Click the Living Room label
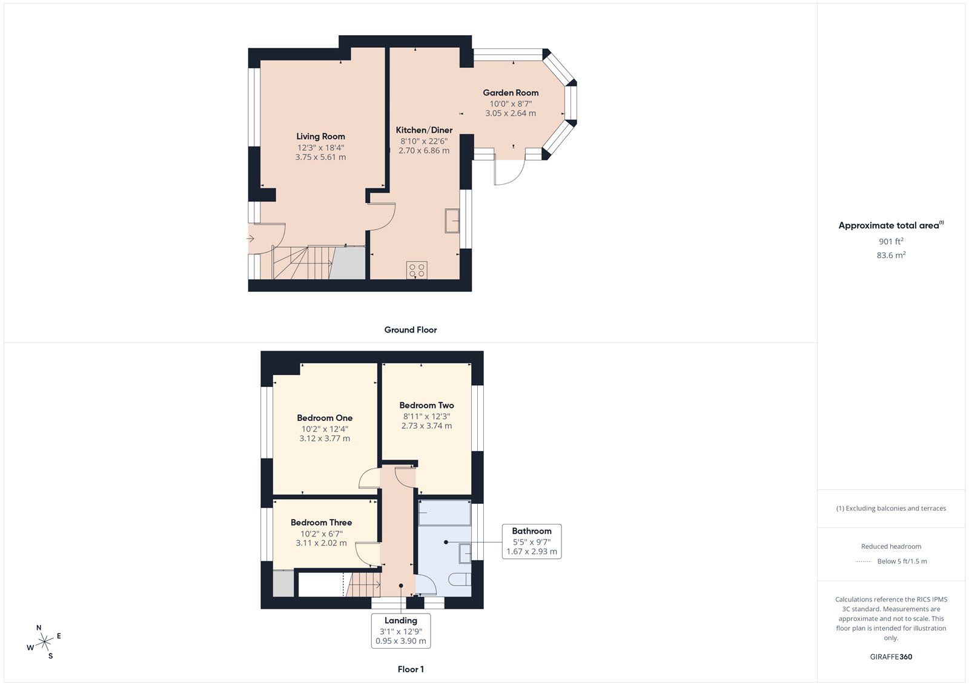pos(320,136)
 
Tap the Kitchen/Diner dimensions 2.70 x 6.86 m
pos(424,151)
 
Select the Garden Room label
pos(511,93)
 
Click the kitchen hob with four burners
pos(417,270)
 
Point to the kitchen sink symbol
pos(452,220)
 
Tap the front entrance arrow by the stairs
pos(251,239)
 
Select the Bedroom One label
pos(325,418)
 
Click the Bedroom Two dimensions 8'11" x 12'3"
pos(426,416)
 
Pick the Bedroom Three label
pos(321,522)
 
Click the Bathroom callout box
pos(531,541)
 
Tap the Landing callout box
pos(401,630)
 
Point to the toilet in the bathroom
pos(461,579)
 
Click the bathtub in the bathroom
pos(445,513)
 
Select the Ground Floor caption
pos(410,330)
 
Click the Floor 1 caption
pos(411,669)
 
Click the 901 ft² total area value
pos(891,241)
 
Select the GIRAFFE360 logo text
pos(891,657)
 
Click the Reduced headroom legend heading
pos(891,546)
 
